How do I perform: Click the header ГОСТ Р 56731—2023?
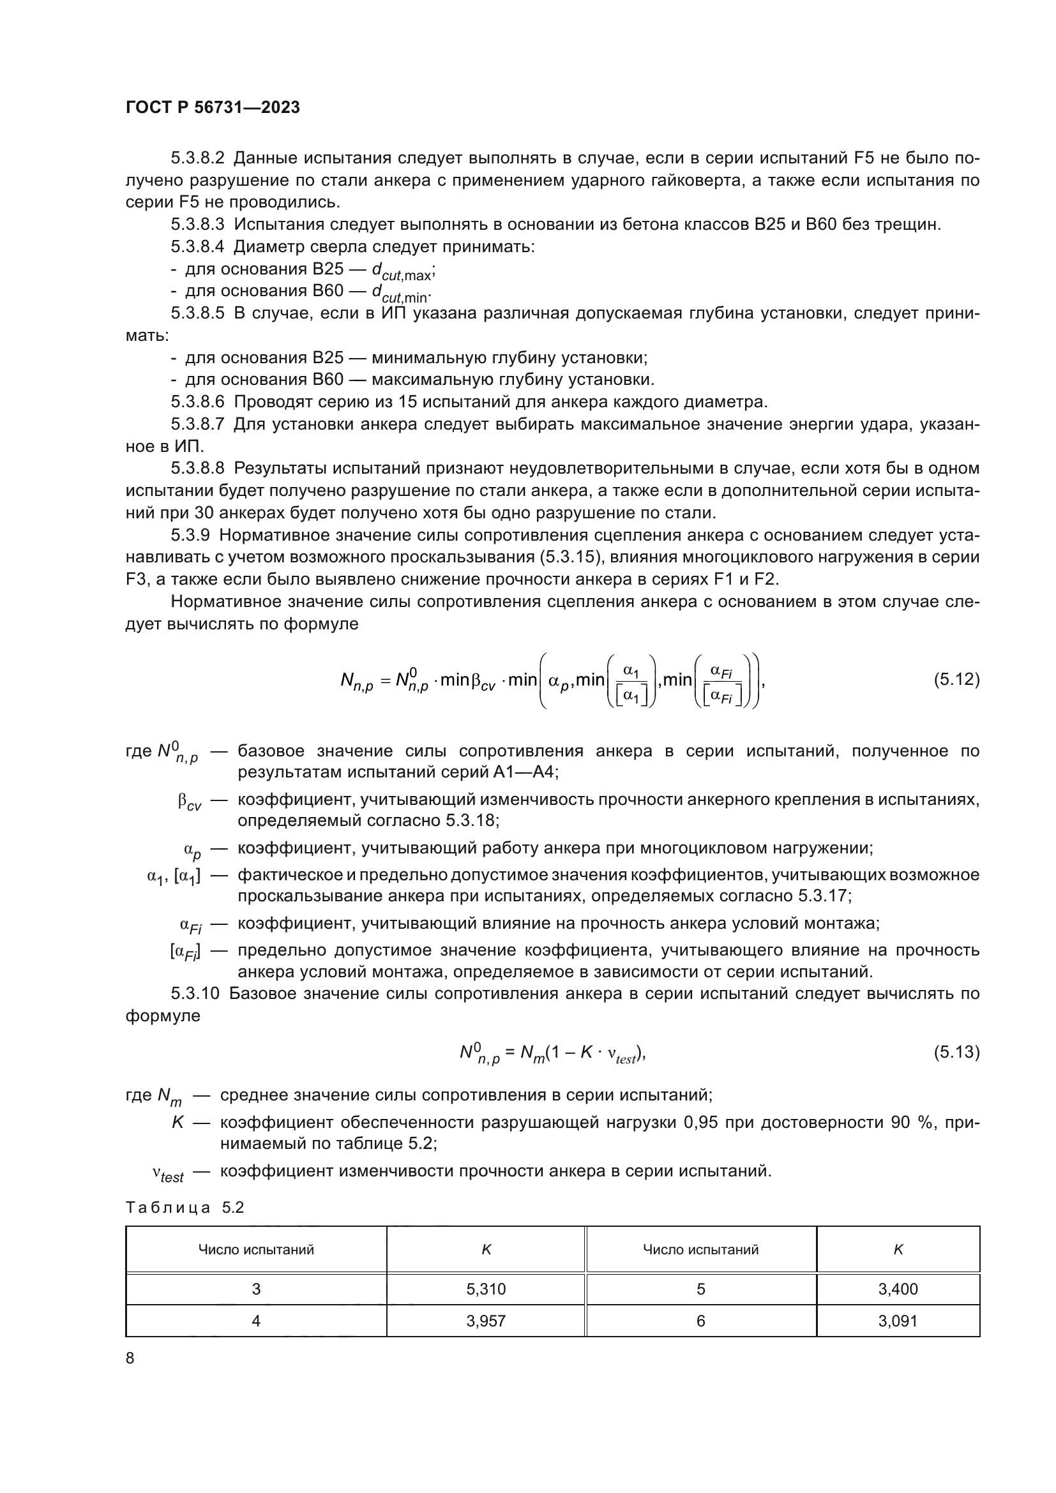[x=213, y=108]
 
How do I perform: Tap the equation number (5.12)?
[x=956, y=680]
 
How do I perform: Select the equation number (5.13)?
[x=956, y=1052]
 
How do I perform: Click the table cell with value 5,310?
[x=486, y=1289]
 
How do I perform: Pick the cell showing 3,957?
[x=486, y=1321]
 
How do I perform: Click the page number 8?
[x=130, y=1358]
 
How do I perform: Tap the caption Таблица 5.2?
[x=185, y=1208]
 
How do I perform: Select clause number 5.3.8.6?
[x=198, y=402]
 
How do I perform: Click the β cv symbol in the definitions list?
[x=189, y=803]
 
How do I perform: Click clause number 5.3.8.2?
[x=198, y=158]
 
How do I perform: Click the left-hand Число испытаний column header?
[x=256, y=1249]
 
